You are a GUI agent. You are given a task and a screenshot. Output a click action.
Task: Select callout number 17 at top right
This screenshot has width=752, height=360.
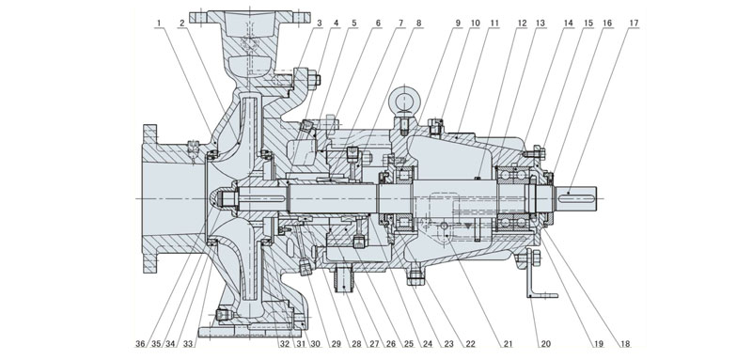pyautogui.click(x=636, y=21)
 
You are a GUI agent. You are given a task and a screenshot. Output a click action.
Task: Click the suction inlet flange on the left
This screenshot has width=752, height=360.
pyautogui.click(x=149, y=198)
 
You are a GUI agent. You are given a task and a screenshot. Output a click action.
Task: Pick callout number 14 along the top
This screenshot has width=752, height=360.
pyautogui.click(x=567, y=21)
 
